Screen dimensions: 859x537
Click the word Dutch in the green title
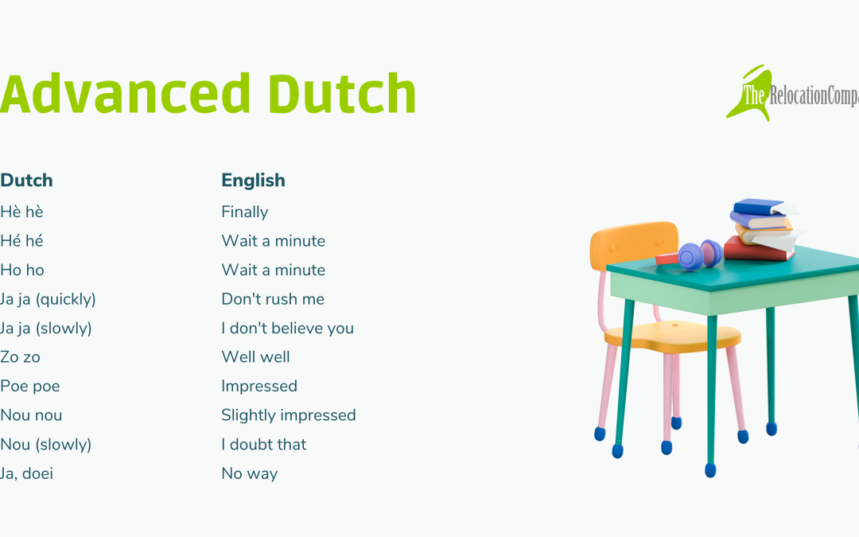342,94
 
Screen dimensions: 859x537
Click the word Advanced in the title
126,94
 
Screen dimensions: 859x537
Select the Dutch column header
26,181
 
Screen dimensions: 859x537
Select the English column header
253,181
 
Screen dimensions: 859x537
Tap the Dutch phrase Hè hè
21,212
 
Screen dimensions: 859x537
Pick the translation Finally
245,212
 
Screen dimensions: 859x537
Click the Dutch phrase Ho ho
22,270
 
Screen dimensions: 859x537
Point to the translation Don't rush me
273,298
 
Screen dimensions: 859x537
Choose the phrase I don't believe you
288,329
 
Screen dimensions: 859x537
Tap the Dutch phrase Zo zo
20,357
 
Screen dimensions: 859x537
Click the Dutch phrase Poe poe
30,387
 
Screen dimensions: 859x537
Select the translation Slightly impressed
289,415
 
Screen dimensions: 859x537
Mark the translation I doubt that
264,445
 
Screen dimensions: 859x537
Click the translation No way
250,473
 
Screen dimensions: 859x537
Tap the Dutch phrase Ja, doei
26,473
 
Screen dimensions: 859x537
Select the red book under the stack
759,250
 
